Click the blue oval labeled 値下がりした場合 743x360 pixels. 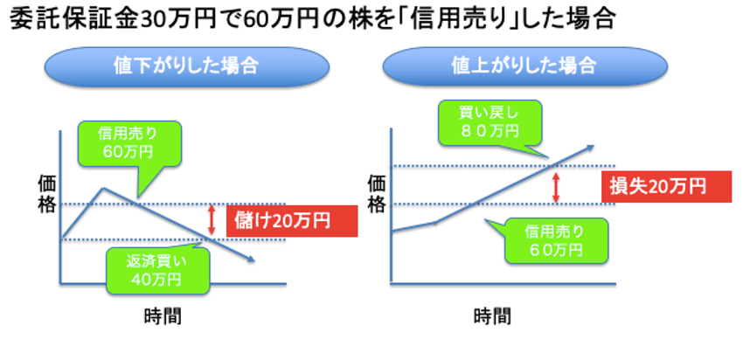click(187, 66)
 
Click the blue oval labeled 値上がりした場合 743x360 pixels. click(525, 66)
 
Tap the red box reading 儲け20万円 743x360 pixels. click(291, 221)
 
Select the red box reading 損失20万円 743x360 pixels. click(666, 187)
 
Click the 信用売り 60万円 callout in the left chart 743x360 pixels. click(128, 143)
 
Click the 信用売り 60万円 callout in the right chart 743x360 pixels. click(554, 240)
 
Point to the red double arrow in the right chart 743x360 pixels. click(556, 188)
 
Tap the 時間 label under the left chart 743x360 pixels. click(163, 316)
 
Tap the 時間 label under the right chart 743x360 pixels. click(493, 316)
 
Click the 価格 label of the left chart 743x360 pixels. click(47, 194)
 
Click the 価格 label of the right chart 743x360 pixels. click(377, 194)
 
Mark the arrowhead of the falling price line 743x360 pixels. click(251, 260)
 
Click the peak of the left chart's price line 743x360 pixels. click(103, 188)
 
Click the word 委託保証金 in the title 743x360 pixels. click(72, 19)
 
